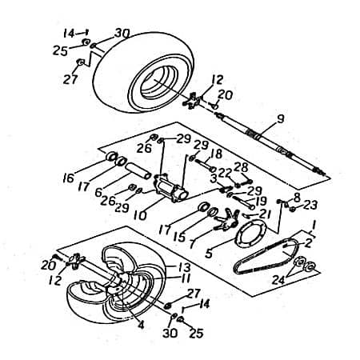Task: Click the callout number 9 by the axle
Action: coord(279,120)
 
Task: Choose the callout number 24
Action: coord(278,280)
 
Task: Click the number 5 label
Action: coord(208,254)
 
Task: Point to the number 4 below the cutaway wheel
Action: coord(141,325)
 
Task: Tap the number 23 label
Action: coord(311,204)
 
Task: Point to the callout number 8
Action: coord(297,196)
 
